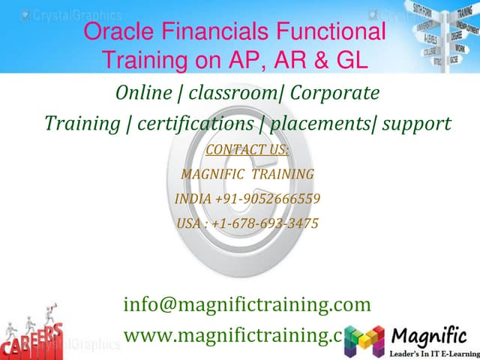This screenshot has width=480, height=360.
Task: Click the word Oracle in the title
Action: [119, 32]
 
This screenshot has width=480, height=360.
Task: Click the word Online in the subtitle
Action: [148, 93]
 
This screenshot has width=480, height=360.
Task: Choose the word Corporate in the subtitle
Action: [334, 93]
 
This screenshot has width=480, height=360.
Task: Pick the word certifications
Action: [195, 122]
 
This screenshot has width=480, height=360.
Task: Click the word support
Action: [416, 122]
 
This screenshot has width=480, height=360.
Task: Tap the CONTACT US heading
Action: [247, 149]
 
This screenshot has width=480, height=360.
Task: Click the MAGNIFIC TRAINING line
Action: [247, 174]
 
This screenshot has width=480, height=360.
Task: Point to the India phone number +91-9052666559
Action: [247, 199]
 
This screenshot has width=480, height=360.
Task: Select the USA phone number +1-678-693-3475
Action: [247, 223]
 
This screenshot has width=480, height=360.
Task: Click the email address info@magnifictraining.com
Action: [247, 304]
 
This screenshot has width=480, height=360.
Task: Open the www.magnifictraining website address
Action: [232, 334]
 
